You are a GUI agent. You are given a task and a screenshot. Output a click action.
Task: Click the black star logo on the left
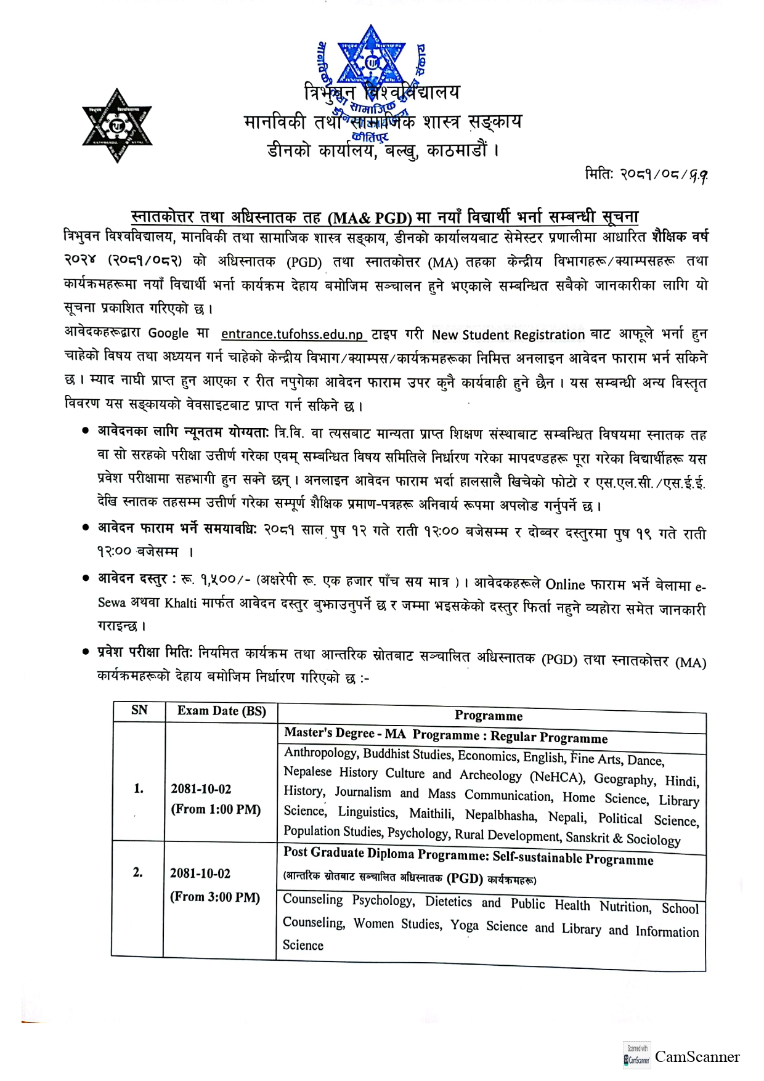(x=117, y=126)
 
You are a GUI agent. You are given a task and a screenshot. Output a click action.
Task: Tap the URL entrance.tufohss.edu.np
(x=293, y=334)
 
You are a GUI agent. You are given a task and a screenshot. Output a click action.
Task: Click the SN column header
(x=139, y=710)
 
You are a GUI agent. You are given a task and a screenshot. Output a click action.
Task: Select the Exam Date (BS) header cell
(x=222, y=711)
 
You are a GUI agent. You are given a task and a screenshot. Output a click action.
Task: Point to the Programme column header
(x=489, y=716)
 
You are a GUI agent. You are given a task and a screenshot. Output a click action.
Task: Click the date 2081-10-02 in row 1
(x=201, y=789)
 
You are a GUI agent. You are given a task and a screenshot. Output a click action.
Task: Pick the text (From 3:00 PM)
(x=215, y=897)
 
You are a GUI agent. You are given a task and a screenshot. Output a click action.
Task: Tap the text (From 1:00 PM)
(x=216, y=809)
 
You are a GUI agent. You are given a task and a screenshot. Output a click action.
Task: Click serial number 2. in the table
(x=138, y=872)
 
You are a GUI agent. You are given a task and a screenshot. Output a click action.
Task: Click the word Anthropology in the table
(x=320, y=753)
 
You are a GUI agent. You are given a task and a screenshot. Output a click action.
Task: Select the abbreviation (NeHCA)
(x=558, y=777)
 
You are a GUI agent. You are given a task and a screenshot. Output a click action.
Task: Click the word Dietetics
(x=449, y=902)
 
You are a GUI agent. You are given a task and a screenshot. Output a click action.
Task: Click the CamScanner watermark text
(x=697, y=1057)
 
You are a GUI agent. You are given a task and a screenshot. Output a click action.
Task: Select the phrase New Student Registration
(x=508, y=335)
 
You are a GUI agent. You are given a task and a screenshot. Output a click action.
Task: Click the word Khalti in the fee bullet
(x=181, y=602)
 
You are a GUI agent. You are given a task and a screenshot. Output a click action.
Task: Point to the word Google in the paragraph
(x=168, y=333)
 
